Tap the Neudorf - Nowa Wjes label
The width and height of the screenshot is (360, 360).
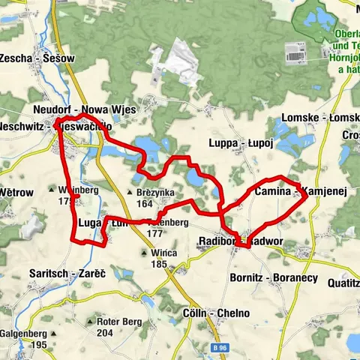[x=84, y=109]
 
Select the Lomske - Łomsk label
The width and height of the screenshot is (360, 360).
[x=319, y=118]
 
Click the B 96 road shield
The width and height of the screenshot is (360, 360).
[x=220, y=349]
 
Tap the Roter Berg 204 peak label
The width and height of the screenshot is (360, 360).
[x=115, y=327]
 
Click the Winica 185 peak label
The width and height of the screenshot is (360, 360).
[x=163, y=258]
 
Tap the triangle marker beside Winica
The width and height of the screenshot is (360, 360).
[x=142, y=253]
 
